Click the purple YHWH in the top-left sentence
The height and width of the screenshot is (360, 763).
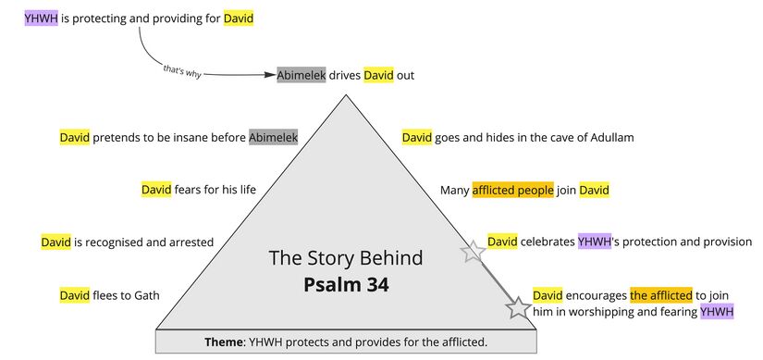pos(41,18)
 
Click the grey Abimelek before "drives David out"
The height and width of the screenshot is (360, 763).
pos(301,75)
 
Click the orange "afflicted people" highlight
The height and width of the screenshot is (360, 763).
pos(512,191)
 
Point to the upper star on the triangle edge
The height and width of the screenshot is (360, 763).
pos(474,251)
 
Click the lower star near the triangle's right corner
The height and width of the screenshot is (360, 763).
pos(518,308)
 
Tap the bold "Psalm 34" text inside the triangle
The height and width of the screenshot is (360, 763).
pos(346,284)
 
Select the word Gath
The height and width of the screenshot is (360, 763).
pos(144,295)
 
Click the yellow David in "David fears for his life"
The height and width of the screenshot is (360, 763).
pos(156,191)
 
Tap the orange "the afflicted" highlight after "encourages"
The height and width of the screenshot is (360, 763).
pos(660,295)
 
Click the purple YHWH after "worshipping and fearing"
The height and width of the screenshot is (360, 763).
pos(716,312)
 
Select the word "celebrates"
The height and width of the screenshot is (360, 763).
pos(548,242)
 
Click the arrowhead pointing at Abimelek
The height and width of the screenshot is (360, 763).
pos(272,75)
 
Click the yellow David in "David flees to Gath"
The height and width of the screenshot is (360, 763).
pos(75,295)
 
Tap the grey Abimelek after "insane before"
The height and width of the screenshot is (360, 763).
pos(273,138)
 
